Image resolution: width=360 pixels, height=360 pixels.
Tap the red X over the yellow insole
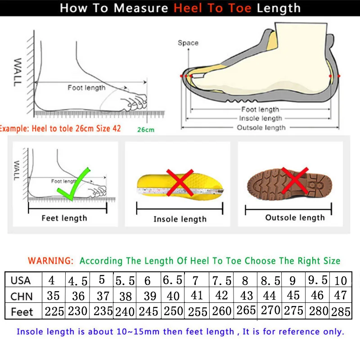click(x=180, y=182)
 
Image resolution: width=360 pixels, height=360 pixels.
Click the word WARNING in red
click(x=50, y=261)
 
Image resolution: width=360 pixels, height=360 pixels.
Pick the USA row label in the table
click(x=21, y=280)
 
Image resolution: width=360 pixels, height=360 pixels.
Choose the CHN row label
click(x=21, y=296)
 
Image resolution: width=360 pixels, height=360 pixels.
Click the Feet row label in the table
click(x=22, y=311)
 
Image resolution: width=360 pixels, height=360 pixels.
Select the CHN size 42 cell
click(x=221, y=296)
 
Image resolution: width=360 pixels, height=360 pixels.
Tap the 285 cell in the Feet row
click(x=341, y=312)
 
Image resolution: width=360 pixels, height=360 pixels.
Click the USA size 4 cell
click(x=52, y=280)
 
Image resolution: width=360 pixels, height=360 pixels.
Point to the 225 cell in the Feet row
click(x=54, y=311)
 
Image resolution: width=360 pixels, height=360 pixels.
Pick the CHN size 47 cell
click(x=341, y=296)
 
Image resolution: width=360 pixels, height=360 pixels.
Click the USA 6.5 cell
click(x=172, y=280)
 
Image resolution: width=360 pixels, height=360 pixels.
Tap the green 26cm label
click(x=146, y=130)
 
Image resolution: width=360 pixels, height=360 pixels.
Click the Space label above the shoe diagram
click(x=188, y=43)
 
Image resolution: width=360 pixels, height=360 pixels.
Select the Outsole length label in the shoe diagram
click(x=261, y=127)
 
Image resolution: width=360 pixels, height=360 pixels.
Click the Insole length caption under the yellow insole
click(x=180, y=219)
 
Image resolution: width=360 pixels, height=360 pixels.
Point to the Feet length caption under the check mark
click(x=64, y=218)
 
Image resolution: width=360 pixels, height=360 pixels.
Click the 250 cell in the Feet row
click(x=173, y=311)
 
